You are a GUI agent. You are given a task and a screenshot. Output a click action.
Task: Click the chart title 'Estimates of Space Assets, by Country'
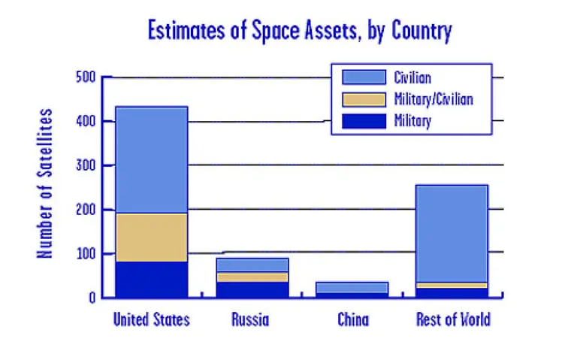300,32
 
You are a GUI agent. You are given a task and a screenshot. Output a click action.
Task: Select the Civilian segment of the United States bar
151,159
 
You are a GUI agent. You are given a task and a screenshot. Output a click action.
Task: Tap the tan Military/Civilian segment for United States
151,237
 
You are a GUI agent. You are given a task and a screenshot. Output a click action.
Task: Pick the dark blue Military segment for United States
151,279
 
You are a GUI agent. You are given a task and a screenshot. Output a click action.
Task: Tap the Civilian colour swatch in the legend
362,77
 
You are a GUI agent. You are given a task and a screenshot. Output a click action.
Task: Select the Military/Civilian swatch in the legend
362,98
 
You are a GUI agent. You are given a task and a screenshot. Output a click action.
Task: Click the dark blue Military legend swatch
362,120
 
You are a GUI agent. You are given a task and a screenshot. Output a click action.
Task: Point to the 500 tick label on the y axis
86,77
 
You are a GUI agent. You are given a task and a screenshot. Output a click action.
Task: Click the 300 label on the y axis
86,165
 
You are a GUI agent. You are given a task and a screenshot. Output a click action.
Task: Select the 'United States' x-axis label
151,319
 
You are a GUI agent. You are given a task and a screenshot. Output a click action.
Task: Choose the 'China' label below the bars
352,320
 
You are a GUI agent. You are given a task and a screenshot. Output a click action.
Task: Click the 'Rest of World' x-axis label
453,319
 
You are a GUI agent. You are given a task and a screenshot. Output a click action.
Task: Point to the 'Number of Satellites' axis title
47,183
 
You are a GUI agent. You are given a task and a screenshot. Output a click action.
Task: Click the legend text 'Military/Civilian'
434,98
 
